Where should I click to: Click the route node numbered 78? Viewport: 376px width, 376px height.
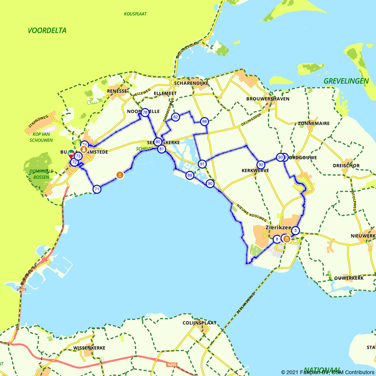click(x=145, y=112)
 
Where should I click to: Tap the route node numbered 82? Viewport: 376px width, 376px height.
click(x=175, y=117)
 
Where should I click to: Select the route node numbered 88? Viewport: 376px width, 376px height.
click(x=204, y=121)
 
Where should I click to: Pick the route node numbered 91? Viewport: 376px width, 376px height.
click(x=202, y=164)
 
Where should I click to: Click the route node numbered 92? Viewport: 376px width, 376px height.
click(x=261, y=165)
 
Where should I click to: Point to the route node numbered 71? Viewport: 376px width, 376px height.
click(x=97, y=189)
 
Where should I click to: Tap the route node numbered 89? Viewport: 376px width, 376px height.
click(x=190, y=175)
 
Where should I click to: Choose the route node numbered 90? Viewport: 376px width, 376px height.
click(x=210, y=184)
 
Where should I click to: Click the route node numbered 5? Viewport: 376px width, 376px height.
click(x=296, y=230)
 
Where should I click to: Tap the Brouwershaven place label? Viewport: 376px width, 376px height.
click(x=268, y=99)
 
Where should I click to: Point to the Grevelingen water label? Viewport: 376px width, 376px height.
click(x=346, y=81)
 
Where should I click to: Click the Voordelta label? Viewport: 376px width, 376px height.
click(x=47, y=30)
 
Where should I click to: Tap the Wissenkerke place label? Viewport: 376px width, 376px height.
click(x=89, y=348)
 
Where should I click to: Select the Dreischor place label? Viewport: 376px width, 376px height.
click(x=346, y=165)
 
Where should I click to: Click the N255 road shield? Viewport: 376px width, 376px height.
click(x=171, y=364)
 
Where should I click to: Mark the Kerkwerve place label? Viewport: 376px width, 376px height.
click(x=255, y=170)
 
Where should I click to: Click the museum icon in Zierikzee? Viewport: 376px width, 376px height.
click(x=287, y=239)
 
